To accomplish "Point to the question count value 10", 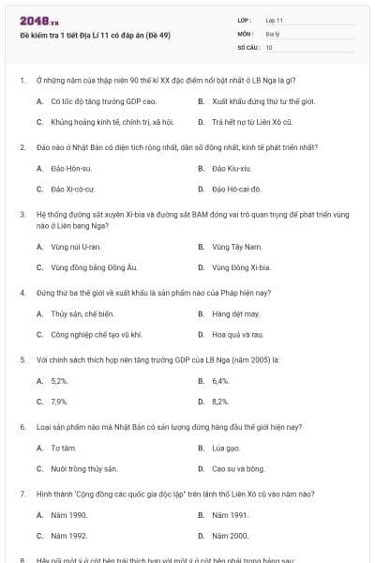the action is pyautogui.click(x=269, y=46).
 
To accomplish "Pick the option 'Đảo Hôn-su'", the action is pyautogui.click(x=71, y=169).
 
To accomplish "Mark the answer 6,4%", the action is pyautogui.click(x=220, y=381).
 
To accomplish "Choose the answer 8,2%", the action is pyautogui.click(x=220, y=402).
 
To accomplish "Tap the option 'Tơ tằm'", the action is pyautogui.click(x=64, y=448).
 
